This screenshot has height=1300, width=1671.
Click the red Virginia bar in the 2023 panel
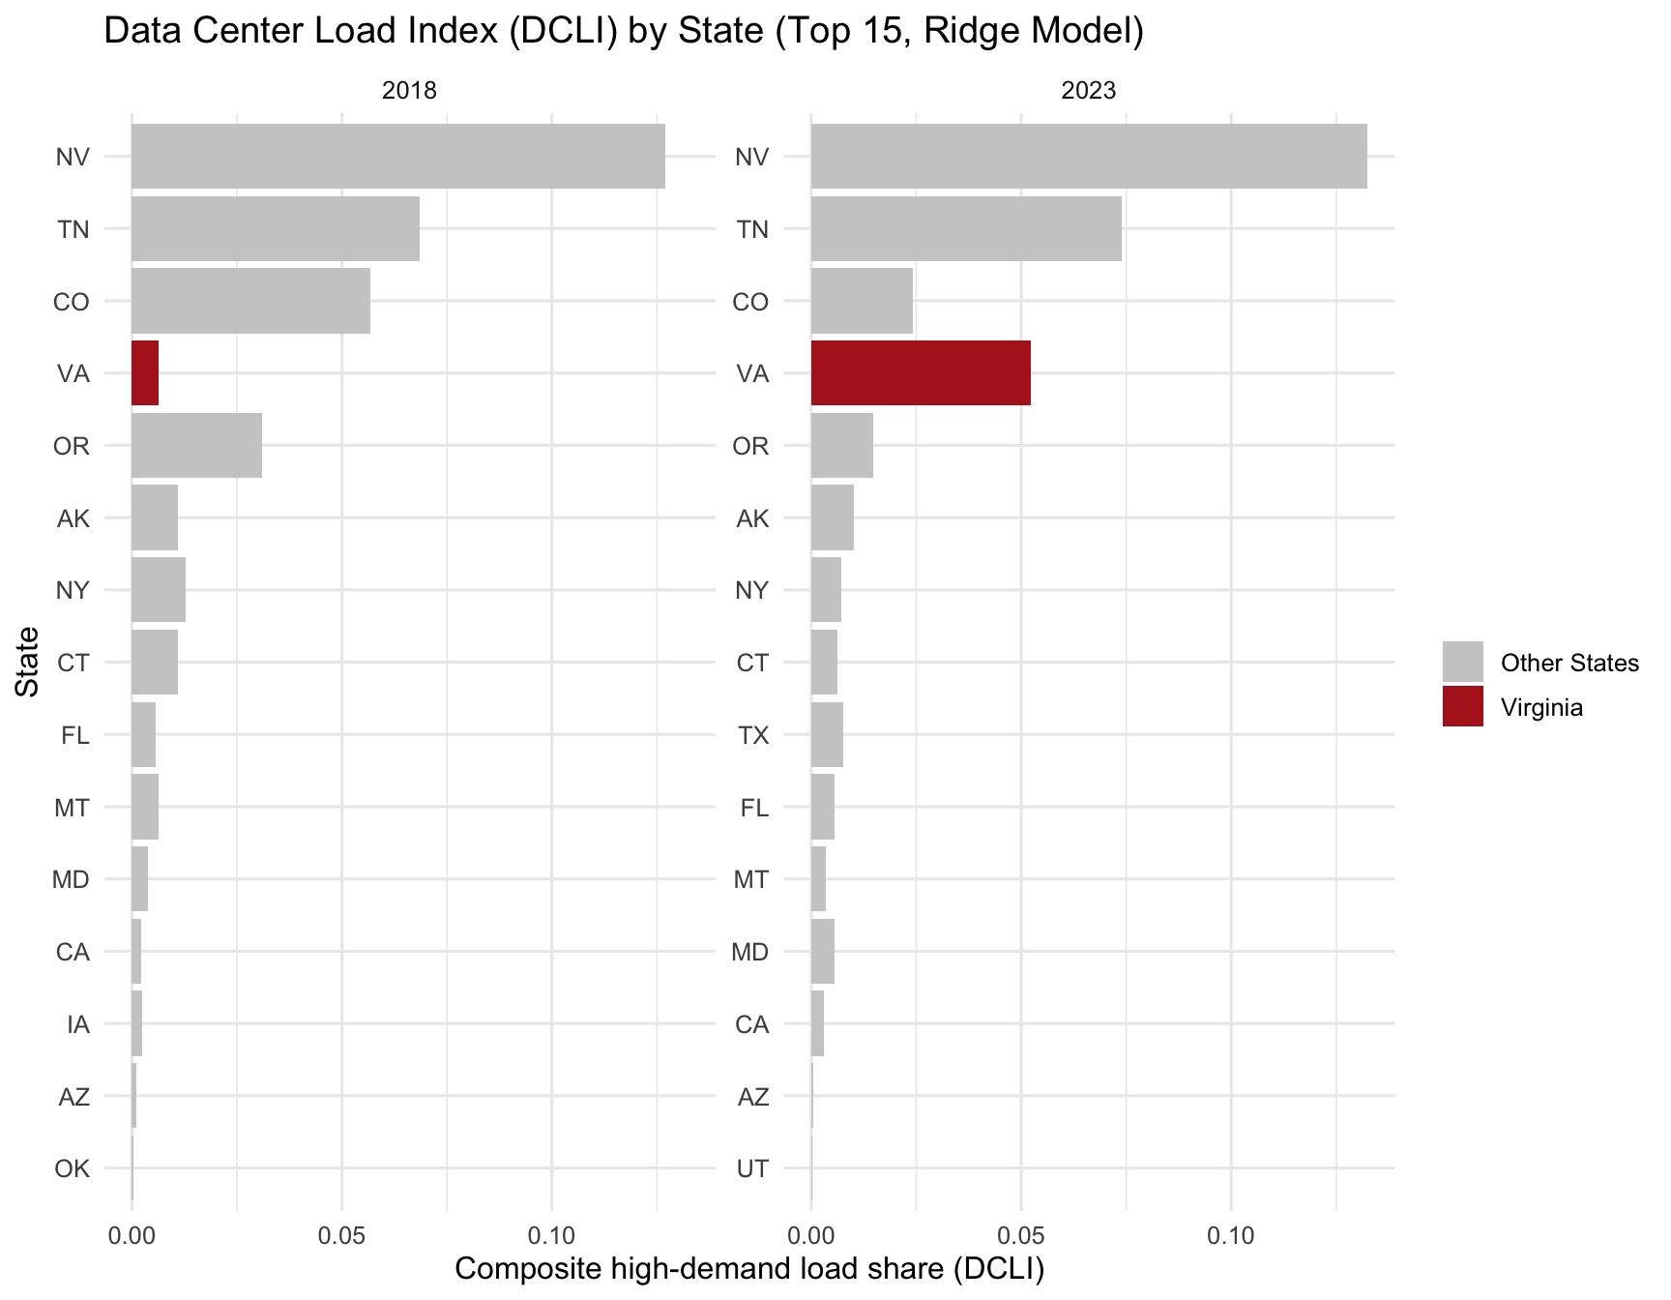click(x=920, y=373)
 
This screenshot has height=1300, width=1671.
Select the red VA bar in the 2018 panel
click(x=145, y=373)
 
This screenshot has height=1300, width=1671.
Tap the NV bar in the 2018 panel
click(x=397, y=157)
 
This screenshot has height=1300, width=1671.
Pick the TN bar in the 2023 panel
click(x=965, y=229)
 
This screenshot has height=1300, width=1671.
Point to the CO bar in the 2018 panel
click(x=250, y=301)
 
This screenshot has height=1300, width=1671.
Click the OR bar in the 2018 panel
click(x=196, y=446)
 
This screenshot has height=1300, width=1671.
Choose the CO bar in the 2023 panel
click(x=862, y=301)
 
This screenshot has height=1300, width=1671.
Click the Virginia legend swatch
click(x=1462, y=707)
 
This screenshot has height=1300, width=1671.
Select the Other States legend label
click(x=1569, y=664)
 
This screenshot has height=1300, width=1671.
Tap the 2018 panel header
click(x=409, y=91)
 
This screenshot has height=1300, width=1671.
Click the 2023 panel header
click(x=1088, y=91)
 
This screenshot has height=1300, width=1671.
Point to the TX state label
click(x=753, y=735)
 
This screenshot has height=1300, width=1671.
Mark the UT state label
click(x=752, y=1168)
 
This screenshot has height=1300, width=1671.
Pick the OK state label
click(x=73, y=1168)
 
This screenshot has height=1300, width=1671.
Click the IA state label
click(x=78, y=1024)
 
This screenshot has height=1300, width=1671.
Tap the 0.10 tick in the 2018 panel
click(x=552, y=1236)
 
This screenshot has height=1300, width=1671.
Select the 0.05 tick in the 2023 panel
click(x=1021, y=1236)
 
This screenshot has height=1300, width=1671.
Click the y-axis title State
click(x=28, y=662)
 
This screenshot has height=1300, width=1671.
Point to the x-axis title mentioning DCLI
click(x=749, y=1269)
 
